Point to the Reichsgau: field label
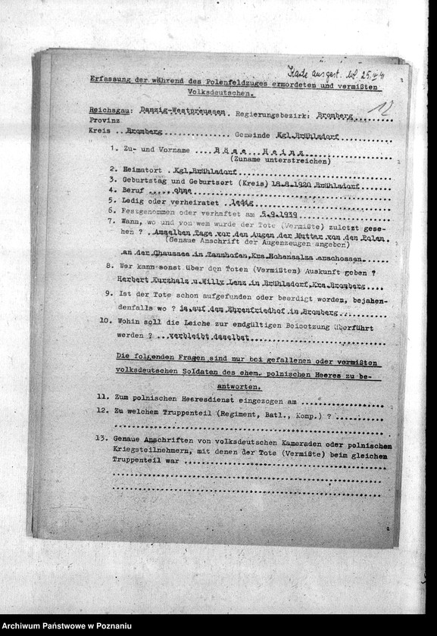tap(103, 111)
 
